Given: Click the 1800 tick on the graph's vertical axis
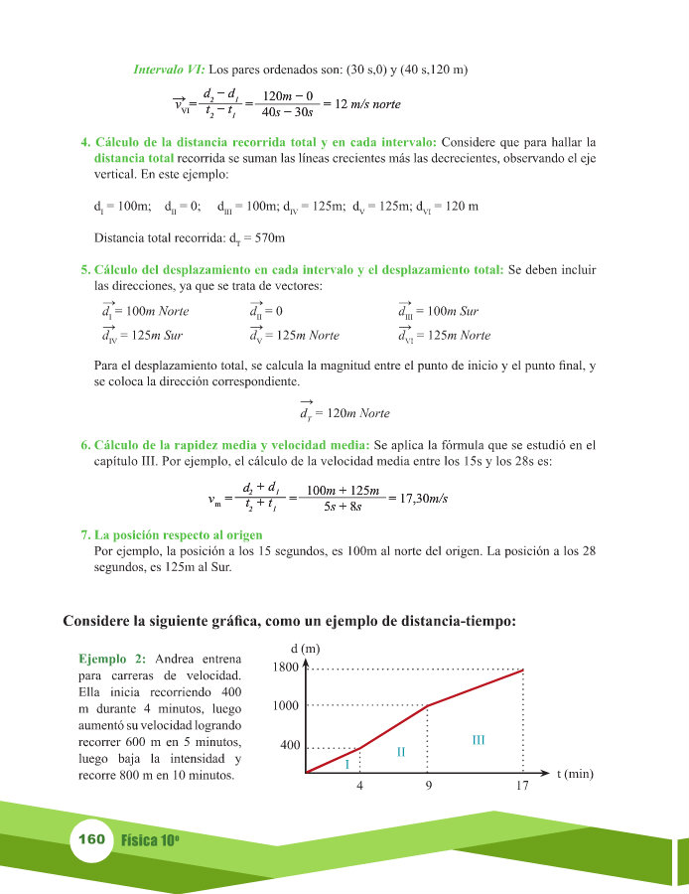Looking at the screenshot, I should [285, 668].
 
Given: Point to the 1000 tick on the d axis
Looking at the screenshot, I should [285, 705].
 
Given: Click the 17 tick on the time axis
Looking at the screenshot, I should [523, 786].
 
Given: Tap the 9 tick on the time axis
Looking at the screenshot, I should [428, 786].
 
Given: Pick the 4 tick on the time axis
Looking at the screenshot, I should [358, 786].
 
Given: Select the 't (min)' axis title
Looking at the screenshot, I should [575, 773].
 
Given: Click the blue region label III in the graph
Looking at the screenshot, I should [478, 739].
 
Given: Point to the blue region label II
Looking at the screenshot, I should [400, 751].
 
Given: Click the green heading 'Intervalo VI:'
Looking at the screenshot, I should [169, 70].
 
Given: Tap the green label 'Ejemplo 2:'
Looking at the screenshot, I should [112, 659].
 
